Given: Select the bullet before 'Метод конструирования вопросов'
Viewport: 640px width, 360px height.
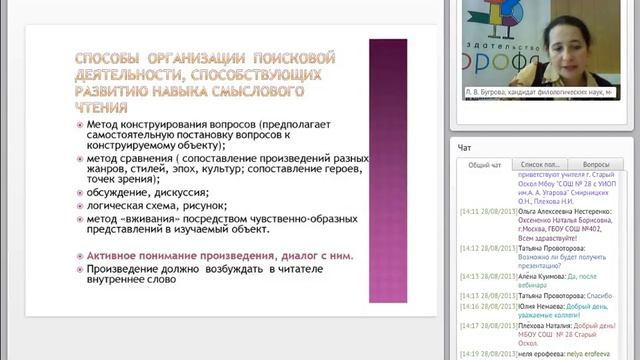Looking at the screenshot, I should click(x=80, y=124).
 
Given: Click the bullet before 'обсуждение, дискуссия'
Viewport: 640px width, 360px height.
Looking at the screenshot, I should click(x=80, y=190).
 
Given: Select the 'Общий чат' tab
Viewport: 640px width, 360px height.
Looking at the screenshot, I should click(x=485, y=165).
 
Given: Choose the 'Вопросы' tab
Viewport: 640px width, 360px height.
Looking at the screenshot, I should click(x=596, y=165).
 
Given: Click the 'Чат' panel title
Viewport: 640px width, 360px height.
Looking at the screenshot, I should click(x=465, y=147).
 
